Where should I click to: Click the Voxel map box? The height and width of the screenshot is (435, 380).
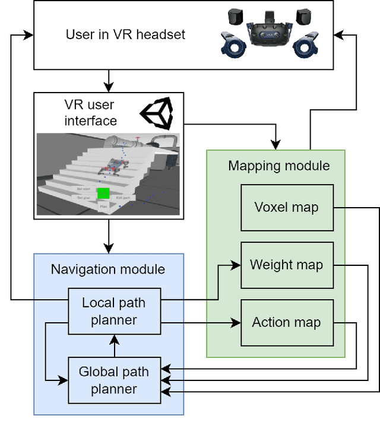click(x=286, y=208)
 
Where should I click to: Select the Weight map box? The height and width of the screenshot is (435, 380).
click(x=286, y=265)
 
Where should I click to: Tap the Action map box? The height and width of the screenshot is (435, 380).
click(x=286, y=322)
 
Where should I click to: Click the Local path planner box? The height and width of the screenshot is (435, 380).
click(x=114, y=311)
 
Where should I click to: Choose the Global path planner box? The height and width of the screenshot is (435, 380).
click(x=114, y=380)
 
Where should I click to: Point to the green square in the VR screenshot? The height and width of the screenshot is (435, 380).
click(x=104, y=193)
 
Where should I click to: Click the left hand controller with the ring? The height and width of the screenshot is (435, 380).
click(x=232, y=44)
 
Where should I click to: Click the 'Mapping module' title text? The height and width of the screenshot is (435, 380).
click(x=278, y=165)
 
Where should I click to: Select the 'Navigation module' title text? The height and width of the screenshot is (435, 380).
click(x=108, y=269)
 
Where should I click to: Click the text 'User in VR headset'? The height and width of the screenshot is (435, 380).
click(x=125, y=34)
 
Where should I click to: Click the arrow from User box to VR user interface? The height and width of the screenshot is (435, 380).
click(x=109, y=80)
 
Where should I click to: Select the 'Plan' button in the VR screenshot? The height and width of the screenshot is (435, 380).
click(x=103, y=207)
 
